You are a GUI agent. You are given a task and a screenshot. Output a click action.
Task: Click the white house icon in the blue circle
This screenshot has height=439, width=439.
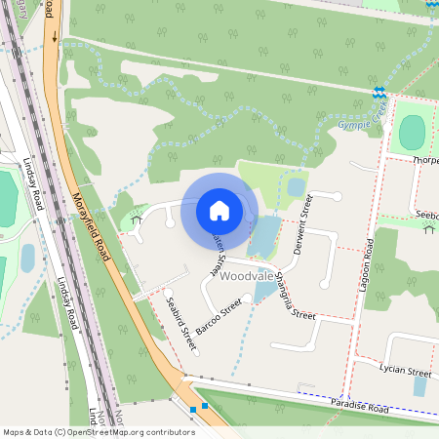click(219, 210)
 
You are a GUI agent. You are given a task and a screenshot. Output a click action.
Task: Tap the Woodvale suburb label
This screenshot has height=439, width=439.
click(246, 277)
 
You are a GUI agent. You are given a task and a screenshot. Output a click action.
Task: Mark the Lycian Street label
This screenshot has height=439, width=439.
click(405, 372)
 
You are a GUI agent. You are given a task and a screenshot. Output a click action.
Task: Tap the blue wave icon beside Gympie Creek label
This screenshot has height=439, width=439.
click(379, 94)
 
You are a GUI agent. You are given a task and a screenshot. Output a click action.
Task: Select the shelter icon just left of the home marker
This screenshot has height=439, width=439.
click(136, 220)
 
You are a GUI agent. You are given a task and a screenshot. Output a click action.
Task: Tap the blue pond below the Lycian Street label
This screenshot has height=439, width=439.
click(419, 386)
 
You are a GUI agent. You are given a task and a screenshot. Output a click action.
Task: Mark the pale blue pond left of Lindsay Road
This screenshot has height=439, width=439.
click(27, 258)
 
